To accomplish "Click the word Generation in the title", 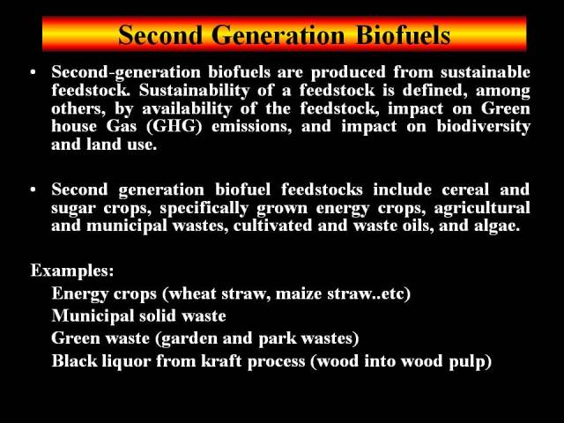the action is (278, 35).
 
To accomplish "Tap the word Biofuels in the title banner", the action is (404, 35).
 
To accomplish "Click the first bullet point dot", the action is (33, 72).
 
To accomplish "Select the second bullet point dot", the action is (33, 189).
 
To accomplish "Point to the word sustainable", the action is (486, 72).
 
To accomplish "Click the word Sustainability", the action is (194, 90).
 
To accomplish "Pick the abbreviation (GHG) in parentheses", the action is (174, 127).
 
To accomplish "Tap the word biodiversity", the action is (484, 127).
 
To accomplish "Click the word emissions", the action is (252, 127).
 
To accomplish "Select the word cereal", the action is (465, 189).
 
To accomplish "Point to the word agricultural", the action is (482, 208).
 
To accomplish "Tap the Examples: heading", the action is (72, 271).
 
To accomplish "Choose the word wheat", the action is (192, 293).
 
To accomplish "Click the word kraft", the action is (221, 361).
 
